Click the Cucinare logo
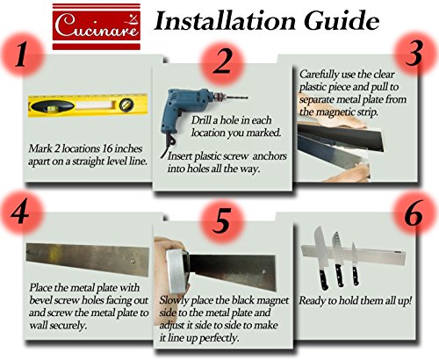(x=97, y=26)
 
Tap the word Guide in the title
(x=342, y=21)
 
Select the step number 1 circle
(x=23, y=54)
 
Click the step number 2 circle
(x=222, y=62)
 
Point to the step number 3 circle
(x=415, y=54)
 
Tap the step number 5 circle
(x=222, y=221)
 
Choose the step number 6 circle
(x=415, y=212)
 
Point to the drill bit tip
(x=248, y=97)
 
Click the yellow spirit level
(x=88, y=105)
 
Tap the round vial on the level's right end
(x=126, y=105)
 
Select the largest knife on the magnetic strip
(x=322, y=258)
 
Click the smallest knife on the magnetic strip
(x=355, y=263)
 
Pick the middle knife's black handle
(x=339, y=276)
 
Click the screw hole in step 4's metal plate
(x=133, y=261)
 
